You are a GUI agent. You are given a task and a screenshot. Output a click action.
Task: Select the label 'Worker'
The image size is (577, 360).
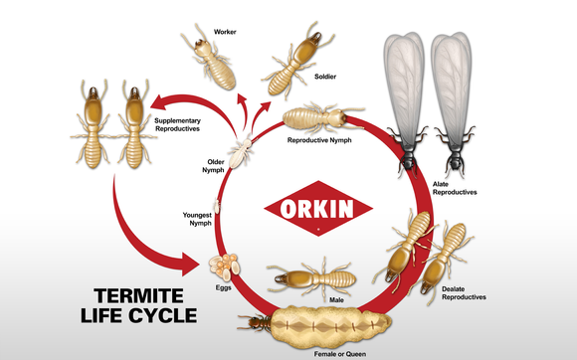click(x=225, y=32)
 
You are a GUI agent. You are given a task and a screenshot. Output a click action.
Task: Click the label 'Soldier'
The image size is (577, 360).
click(x=325, y=77)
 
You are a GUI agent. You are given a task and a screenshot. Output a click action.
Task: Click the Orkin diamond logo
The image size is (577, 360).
click(x=318, y=208)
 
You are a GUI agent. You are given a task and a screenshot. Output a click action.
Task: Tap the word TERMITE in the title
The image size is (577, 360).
click(x=138, y=295)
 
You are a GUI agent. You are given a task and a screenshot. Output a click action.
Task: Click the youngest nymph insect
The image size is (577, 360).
click(x=217, y=206)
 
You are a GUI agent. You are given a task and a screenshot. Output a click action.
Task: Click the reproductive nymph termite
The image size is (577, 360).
click(x=322, y=117)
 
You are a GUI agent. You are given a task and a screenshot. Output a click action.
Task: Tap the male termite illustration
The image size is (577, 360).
click(x=312, y=277)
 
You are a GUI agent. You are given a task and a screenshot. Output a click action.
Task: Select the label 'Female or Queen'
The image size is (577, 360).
click(x=340, y=354)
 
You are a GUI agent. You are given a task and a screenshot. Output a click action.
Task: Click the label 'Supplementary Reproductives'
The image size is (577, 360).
click(x=177, y=124)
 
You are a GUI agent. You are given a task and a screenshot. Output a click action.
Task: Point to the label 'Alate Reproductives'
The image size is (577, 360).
click(x=455, y=188)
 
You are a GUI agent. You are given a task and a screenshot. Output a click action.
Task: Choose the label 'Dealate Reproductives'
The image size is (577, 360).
click(x=464, y=293)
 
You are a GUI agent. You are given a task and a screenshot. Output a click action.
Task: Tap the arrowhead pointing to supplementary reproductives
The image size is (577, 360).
click(x=159, y=101)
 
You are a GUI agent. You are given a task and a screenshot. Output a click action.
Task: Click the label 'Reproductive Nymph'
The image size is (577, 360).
click(x=319, y=140)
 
